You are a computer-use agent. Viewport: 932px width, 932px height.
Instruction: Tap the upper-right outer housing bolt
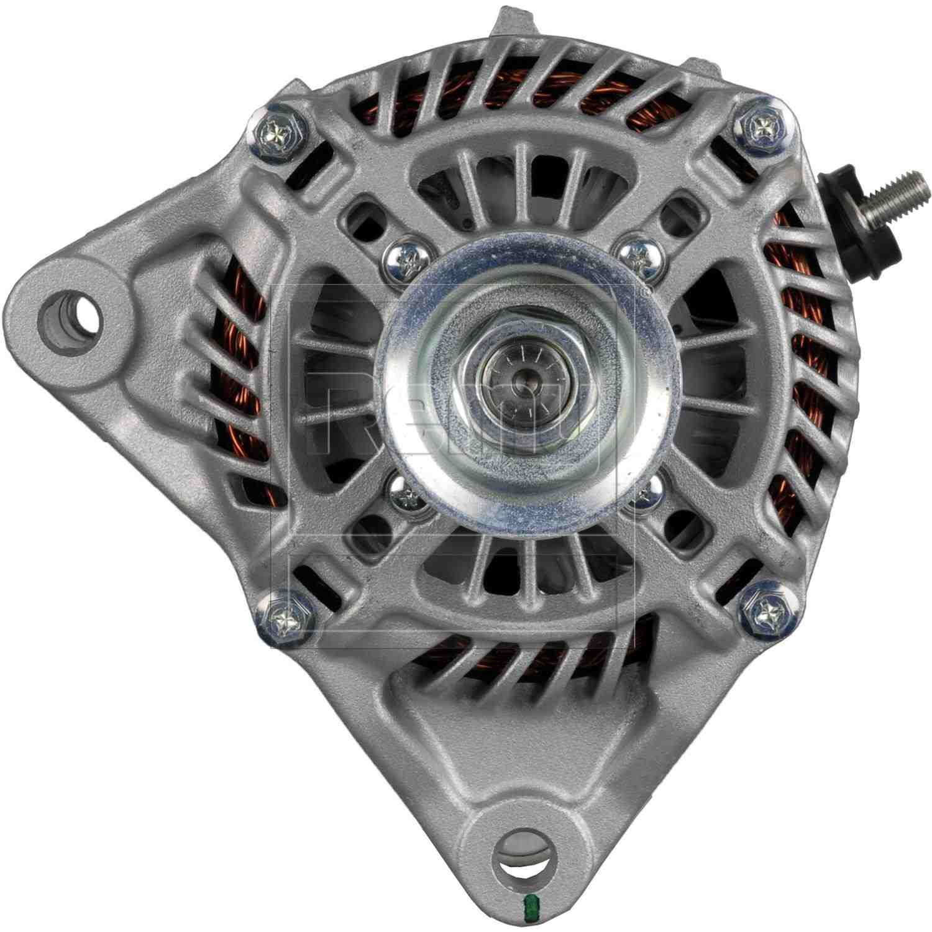[760, 129]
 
